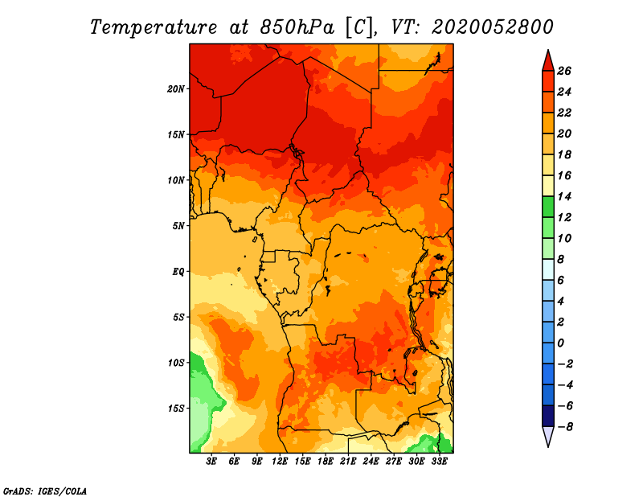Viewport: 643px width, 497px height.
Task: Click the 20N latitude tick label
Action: (176, 89)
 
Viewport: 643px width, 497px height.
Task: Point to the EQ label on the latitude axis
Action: (178, 272)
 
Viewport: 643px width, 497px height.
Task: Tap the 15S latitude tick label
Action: (176, 409)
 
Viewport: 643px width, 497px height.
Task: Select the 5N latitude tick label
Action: (178, 226)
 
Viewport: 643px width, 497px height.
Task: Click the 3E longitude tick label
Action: (211, 461)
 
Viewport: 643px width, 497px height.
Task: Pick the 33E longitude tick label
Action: (439, 461)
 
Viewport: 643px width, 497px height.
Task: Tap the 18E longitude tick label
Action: (326, 461)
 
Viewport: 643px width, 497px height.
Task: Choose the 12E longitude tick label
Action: (280, 461)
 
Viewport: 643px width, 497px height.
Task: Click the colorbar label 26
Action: (564, 71)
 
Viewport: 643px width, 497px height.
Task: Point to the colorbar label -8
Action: (565, 427)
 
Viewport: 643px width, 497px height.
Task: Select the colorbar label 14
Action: (564, 196)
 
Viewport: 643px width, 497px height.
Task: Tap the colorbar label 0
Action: (560, 343)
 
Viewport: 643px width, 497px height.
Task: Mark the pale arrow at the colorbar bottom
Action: (548, 435)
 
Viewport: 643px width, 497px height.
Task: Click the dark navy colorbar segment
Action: (548, 416)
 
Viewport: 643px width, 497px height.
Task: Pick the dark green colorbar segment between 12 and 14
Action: (548, 207)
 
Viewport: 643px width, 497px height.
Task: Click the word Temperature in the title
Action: (154, 27)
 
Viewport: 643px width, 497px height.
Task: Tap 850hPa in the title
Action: (297, 27)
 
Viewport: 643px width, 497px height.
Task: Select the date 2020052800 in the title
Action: (493, 27)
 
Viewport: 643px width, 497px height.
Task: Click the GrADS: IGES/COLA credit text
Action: (45, 491)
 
